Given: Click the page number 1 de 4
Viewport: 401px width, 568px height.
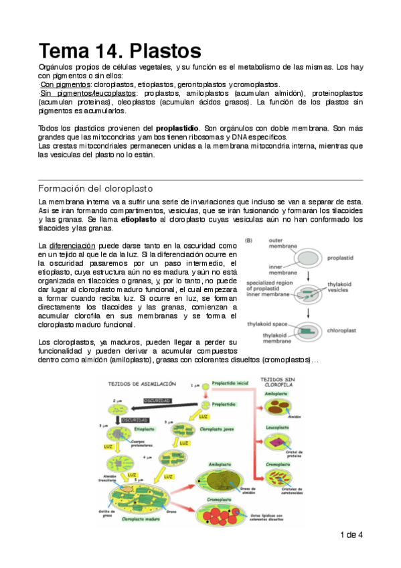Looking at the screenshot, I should (351, 535).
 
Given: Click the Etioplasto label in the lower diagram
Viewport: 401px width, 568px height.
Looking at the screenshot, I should (145, 428).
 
